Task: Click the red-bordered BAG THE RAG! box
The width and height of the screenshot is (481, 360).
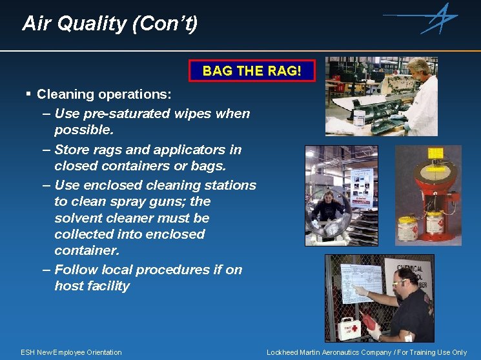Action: [x=252, y=70]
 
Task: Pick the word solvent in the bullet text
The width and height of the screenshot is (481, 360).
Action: [x=77, y=218]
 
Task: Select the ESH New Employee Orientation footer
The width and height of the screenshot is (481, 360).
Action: [x=71, y=352]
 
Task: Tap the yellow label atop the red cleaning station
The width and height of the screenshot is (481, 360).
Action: [x=436, y=153]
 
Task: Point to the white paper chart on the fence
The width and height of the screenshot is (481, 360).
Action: [x=365, y=283]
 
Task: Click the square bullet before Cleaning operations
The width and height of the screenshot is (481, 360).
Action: [x=28, y=94]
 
